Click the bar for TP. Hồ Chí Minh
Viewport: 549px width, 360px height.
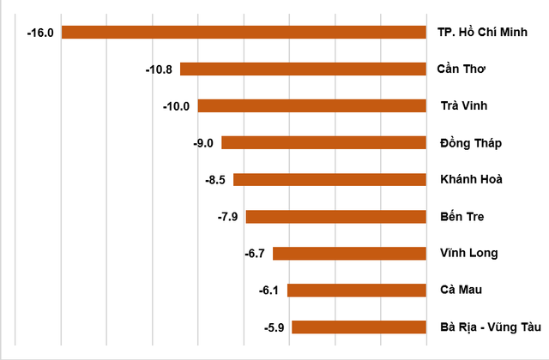244,33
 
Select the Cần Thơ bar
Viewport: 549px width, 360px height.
304,69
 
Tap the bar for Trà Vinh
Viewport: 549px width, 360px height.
312,106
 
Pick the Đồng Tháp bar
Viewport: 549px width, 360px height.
324,143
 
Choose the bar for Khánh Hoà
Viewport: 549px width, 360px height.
330,180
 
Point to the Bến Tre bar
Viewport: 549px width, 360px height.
336,216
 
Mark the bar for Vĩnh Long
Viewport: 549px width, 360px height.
350,253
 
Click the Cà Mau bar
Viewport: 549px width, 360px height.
357,290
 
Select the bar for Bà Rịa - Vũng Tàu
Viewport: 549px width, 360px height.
359,327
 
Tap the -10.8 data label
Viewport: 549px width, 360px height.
160,69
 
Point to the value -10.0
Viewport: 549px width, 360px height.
177,106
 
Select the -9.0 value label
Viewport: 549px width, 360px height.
203,143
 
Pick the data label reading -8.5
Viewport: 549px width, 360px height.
215,180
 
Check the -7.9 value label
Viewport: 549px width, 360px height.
228,216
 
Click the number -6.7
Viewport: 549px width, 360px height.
256,253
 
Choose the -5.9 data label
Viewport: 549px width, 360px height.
274,327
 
